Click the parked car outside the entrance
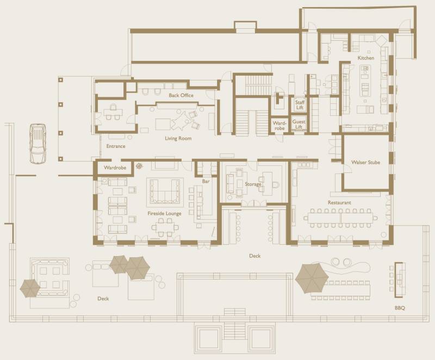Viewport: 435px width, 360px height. pos(38,144)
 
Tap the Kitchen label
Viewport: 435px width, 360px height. pos(365,58)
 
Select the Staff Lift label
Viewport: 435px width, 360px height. pos(300,105)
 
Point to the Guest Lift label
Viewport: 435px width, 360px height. pos(299,124)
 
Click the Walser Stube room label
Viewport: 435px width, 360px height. pos(365,162)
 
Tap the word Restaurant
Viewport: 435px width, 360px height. pos(339,203)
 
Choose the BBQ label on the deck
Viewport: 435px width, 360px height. pos(400,308)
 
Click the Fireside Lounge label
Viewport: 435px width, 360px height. pos(165,213)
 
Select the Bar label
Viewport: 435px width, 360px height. pos(206,182)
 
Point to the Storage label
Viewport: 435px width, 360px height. pos(253,184)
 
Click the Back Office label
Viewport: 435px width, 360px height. pos(181,95)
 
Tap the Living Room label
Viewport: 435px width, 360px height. pos(178,138)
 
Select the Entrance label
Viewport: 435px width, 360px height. pos(116,146)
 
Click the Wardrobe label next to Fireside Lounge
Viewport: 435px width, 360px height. pos(115,167)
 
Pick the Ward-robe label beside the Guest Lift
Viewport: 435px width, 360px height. pos(279,126)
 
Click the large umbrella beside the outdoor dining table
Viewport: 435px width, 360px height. pos(312,278)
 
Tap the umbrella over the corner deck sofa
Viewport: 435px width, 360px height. pos(30,288)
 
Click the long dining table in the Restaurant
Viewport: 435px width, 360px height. pos(341,218)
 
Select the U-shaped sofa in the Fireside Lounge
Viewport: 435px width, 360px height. pos(165,191)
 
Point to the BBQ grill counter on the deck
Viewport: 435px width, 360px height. pos(399,280)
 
